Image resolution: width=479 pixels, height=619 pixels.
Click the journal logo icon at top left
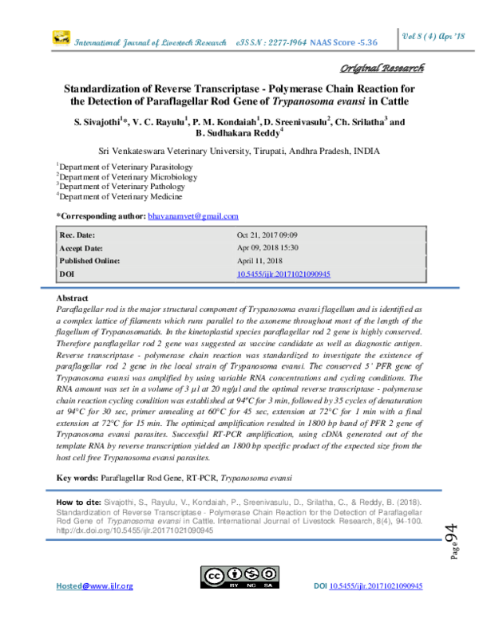point(61,37)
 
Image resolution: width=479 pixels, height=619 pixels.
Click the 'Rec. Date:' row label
point(77,235)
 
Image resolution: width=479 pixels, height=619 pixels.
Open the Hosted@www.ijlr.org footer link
point(94,609)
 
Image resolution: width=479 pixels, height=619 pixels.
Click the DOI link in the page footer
point(376,609)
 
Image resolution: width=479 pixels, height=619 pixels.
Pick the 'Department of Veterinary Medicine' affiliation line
point(119,196)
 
